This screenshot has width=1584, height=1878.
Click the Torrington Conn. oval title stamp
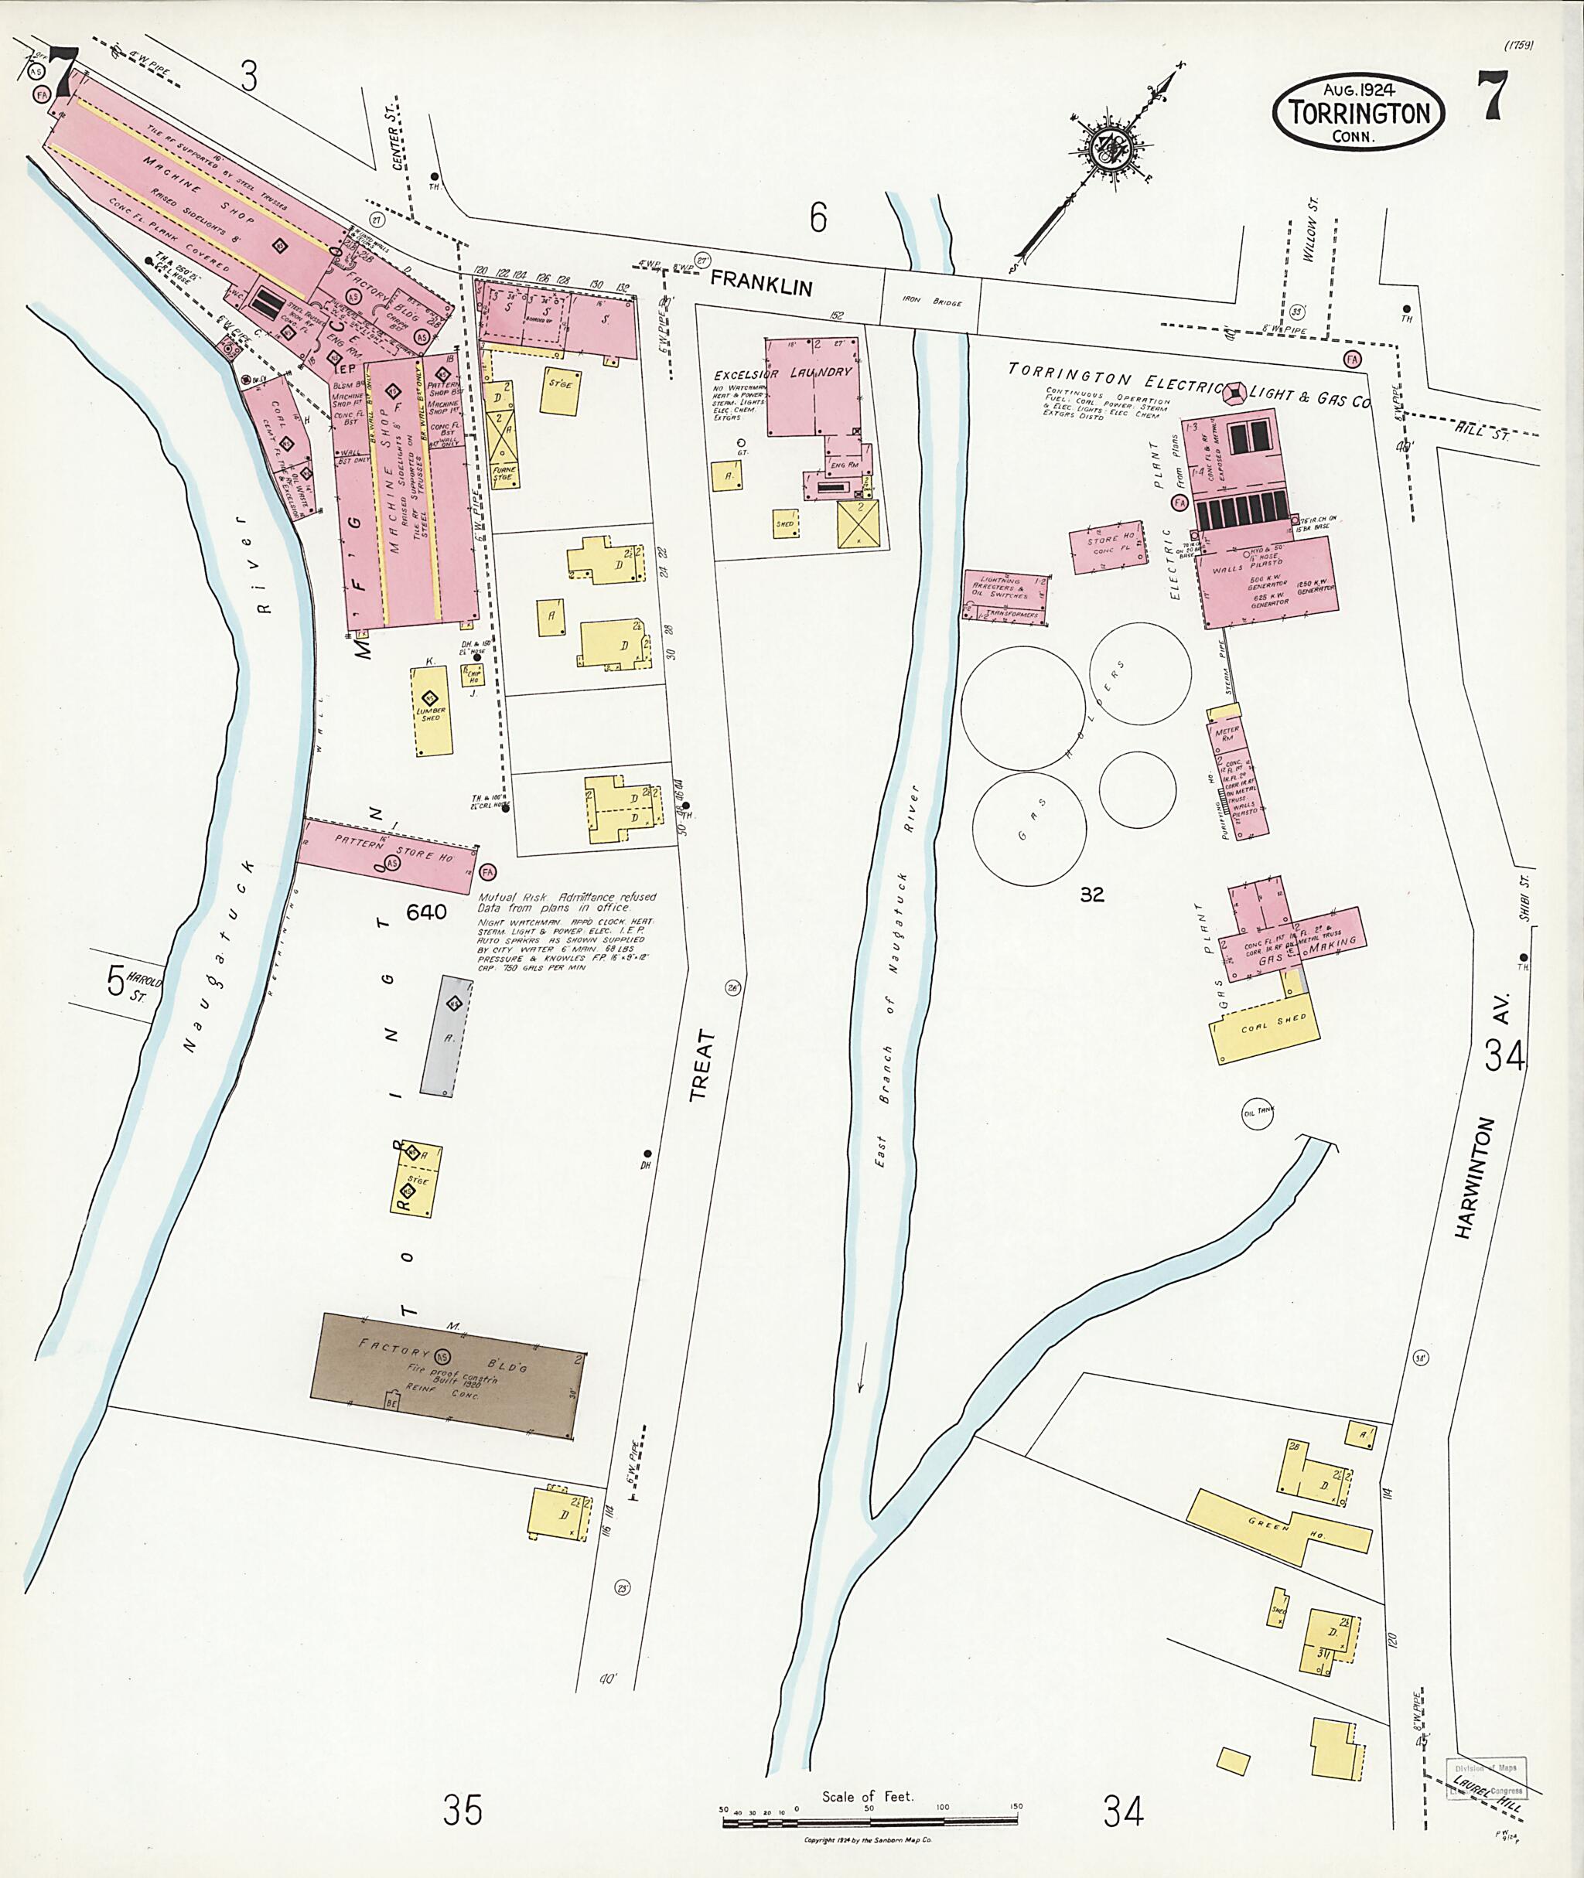pos(1357,111)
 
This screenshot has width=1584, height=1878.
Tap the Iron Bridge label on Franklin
pos(930,302)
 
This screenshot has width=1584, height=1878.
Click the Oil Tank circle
pos(1258,1111)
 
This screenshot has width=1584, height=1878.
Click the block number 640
pos(426,912)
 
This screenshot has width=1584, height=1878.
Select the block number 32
pos(1092,894)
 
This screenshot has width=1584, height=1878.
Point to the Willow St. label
pos(1309,240)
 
